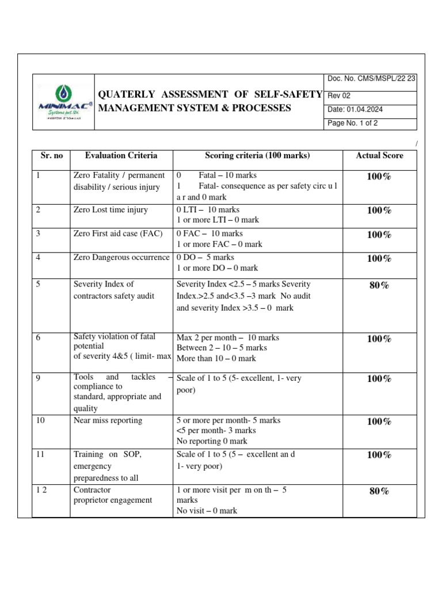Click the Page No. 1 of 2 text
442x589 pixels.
(353, 123)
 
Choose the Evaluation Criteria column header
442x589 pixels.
(121, 156)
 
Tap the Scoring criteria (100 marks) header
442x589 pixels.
(257, 156)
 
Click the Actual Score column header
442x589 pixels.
(379, 156)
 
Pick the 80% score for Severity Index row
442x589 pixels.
(379, 285)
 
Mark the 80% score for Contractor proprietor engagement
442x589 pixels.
(379, 491)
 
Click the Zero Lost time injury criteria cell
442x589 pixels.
(111, 210)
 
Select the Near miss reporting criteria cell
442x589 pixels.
(108, 420)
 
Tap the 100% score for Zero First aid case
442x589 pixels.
(379, 234)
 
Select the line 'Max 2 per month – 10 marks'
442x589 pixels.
(227, 338)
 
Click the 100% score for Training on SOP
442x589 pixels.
(379, 454)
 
